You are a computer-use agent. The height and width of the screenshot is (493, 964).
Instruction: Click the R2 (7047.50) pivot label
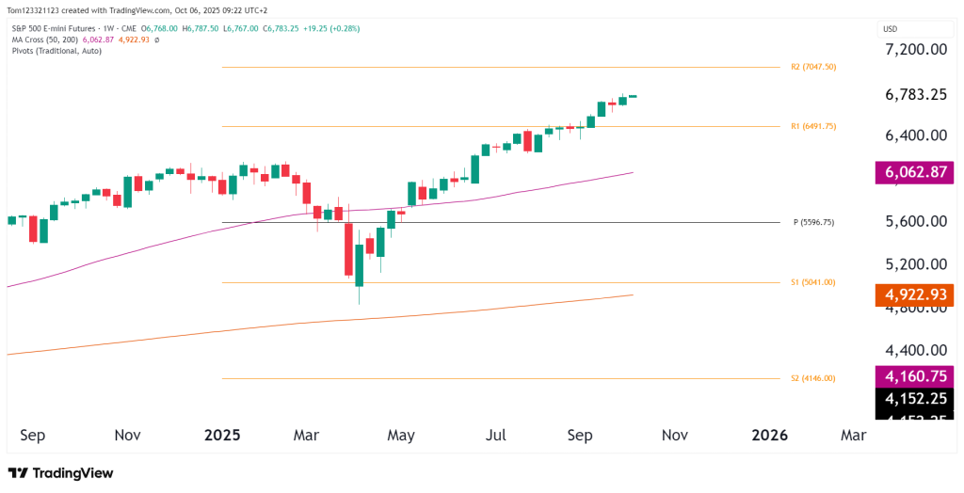(814, 68)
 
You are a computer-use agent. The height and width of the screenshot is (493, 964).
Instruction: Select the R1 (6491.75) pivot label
(814, 126)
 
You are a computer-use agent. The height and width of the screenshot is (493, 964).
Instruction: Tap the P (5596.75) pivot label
(813, 223)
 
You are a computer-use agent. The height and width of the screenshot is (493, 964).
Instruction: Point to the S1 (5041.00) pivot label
(813, 282)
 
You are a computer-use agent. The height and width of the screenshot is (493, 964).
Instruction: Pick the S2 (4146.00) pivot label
(813, 378)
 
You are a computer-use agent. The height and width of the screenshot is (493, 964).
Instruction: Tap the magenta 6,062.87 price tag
(914, 173)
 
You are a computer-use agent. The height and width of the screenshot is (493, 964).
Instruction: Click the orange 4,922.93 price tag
(914, 295)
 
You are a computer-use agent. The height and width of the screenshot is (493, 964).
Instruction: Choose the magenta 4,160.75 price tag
(914, 377)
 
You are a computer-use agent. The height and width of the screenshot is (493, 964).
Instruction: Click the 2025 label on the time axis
(223, 436)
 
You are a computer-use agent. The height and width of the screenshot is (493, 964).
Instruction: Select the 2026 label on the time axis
(770, 436)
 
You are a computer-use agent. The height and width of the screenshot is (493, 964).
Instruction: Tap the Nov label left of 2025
(127, 436)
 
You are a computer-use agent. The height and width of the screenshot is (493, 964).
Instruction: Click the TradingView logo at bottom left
(60, 473)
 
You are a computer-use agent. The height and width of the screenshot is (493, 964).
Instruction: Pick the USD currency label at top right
(890, 29)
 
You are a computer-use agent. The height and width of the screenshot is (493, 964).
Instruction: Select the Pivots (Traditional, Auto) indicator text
(56, 51)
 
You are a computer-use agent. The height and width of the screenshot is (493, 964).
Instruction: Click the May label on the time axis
(401, 436)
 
